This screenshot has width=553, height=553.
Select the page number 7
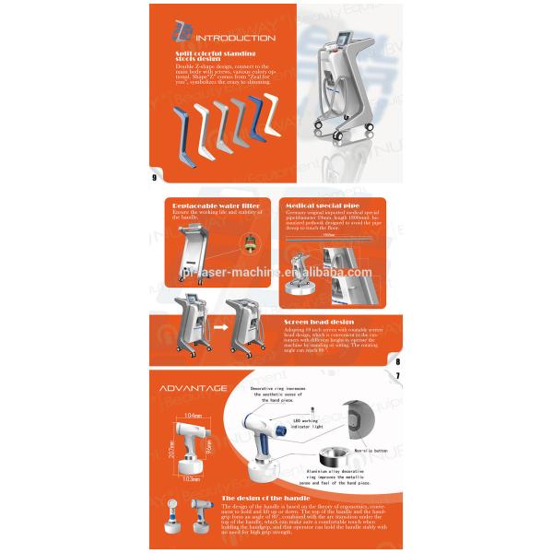tap(396, 375)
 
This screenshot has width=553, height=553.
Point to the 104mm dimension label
tap(194, 418)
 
